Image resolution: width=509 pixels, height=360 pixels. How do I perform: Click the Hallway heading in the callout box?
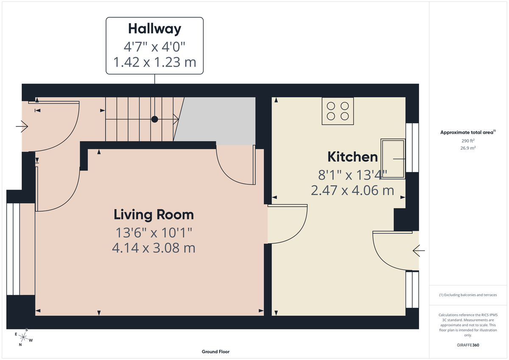pos(154,29)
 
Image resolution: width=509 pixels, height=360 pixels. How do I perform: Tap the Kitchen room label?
pos(352,157)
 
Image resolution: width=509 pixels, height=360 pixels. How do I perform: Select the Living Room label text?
pos(154,215)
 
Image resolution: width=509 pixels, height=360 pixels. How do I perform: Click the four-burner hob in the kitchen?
pos(338,111)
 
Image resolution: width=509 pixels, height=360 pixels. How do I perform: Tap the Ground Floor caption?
pos(215,352)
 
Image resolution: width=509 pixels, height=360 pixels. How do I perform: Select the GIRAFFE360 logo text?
pos(469,345)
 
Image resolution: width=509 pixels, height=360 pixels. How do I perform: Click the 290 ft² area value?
pos(468,140)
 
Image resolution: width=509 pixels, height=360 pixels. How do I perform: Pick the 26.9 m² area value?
pos(468,148)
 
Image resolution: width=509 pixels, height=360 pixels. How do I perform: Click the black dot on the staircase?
pos(155,120)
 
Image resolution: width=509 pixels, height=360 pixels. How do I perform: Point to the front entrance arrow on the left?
pos(22,126)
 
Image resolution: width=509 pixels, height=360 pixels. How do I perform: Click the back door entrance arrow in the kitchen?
pos(419,251)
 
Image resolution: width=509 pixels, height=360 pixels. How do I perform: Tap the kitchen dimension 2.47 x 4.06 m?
pos(352,190)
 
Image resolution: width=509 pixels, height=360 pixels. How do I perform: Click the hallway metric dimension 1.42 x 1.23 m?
pos(154,62)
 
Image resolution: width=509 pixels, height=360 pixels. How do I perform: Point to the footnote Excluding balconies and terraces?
pos(468,295)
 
